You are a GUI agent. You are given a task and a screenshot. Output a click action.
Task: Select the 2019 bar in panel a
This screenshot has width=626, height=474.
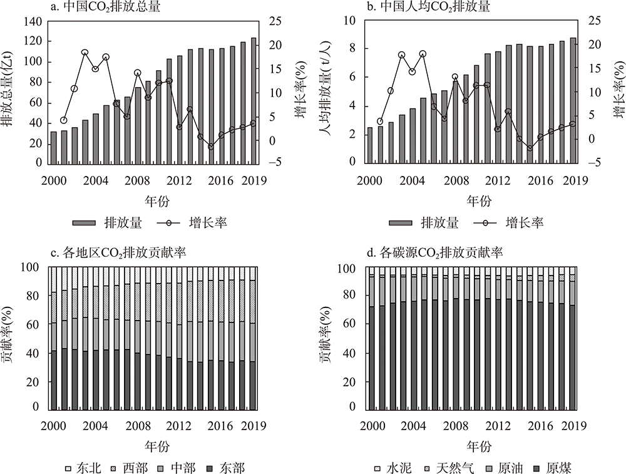coord(254,100)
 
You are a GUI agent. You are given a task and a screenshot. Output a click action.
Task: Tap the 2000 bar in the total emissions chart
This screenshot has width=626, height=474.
coord(53,147)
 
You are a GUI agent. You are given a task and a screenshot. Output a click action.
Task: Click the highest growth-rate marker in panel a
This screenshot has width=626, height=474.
coord(85,53)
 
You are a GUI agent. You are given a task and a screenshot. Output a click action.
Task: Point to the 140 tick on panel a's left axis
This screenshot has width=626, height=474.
coord(34,21)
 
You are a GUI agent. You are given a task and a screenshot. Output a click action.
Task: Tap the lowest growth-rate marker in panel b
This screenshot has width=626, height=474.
coord(530,148)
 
